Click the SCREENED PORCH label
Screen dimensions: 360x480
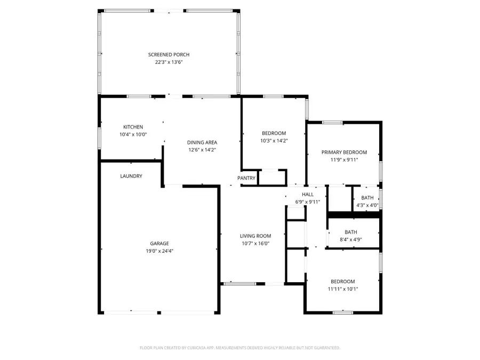coord(169,54)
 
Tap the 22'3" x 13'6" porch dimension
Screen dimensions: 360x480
coord(169,62)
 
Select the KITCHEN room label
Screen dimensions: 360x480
coord(133,127)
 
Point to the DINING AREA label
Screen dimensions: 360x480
coord(202,142)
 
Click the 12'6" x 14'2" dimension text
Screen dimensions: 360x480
coord(202,150)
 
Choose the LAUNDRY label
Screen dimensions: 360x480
coord(131,176)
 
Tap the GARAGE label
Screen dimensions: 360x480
coord(159,243)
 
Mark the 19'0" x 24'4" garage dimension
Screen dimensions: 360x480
coord(159,251)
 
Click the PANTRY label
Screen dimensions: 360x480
coord(246,178)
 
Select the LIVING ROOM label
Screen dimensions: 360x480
coord(255,236)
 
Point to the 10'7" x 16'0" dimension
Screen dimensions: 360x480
coord(255,243)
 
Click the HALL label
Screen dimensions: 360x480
coord(308,195)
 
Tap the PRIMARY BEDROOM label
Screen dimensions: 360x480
coord(344,152)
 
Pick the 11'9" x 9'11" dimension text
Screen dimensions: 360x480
coord(344,159)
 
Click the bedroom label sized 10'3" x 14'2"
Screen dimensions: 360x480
coord(274,133)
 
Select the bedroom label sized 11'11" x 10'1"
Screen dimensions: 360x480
coord(342,282)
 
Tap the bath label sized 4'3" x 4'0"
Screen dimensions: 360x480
coord(367,198)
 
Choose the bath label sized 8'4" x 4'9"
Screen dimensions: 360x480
coord(350,232)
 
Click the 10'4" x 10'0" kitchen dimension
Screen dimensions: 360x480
coord(133,134)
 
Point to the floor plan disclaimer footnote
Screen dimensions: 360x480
coord(239,348)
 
